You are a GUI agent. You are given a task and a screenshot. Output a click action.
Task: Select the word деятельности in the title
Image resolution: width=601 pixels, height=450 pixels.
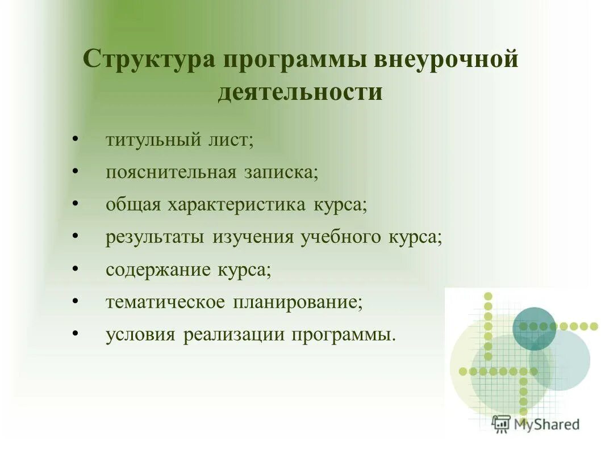(300, 92)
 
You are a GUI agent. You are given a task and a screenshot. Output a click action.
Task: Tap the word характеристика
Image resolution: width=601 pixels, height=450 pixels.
(237, 205)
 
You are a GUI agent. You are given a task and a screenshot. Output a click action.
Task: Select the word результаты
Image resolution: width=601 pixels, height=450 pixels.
(155, 237)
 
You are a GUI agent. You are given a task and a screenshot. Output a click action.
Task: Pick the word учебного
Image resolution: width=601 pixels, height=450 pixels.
(339, 237)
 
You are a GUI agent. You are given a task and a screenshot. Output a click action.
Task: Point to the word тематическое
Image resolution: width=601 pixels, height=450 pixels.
(165, 302)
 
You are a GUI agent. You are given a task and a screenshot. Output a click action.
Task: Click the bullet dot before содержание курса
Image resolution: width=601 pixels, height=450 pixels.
(75, 268)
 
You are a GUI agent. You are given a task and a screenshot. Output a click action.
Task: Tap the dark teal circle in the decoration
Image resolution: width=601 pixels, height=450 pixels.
(534, 328)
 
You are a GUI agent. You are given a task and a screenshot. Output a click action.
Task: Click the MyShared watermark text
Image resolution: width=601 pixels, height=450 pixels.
(545, 424)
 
